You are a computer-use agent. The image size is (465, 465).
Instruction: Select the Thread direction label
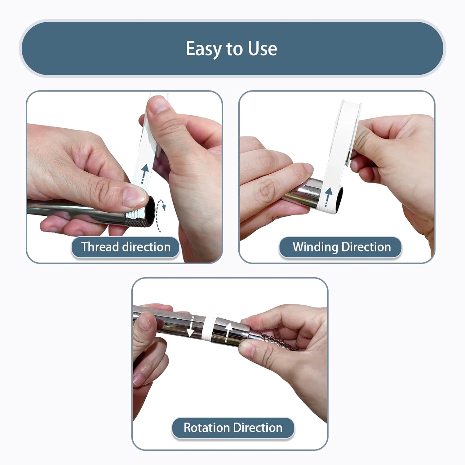(126, 247)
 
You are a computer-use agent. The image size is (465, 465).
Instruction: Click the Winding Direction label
(340, 247)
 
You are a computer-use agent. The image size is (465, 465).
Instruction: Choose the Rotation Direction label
(233, 428)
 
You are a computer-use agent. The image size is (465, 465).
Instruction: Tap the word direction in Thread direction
(146, 247)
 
